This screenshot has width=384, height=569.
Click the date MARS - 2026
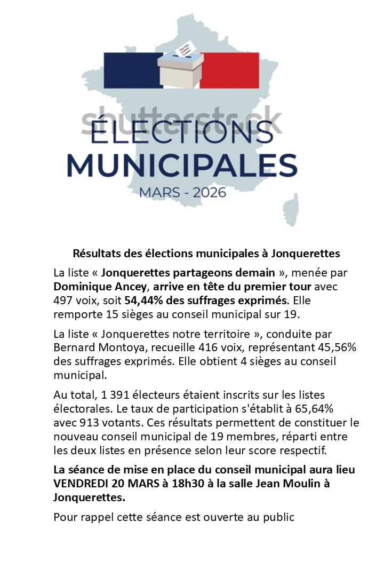(x=182, y=192)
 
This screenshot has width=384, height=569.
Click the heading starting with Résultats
(x=206, y=252)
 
